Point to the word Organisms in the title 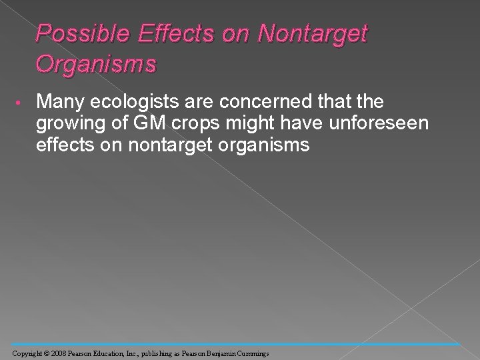97,65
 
